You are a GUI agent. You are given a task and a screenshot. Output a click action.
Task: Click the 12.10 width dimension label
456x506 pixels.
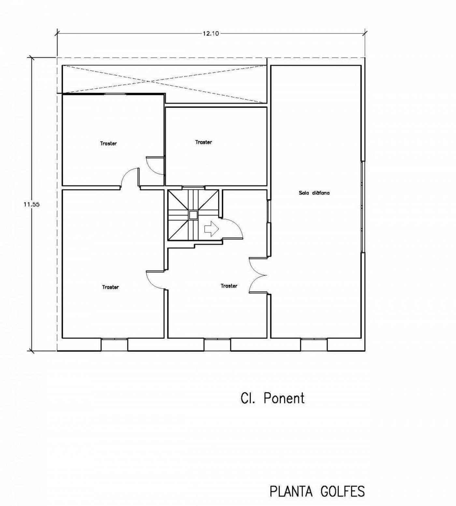[211, 33]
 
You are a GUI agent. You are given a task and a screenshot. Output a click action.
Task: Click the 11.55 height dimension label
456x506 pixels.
[32, 205]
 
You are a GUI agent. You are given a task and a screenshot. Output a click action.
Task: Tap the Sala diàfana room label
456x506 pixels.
[314, 193]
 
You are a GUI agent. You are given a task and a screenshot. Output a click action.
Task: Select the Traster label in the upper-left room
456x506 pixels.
[108, 144]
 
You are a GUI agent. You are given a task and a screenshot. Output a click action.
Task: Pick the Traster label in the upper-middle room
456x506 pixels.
[204, 142]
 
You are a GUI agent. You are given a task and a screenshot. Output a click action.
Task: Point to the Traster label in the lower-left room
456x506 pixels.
[110, 287]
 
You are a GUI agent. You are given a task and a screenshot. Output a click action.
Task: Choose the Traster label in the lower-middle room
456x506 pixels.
[229, 286]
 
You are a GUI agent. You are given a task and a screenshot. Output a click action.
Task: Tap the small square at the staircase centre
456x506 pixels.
[193, 215]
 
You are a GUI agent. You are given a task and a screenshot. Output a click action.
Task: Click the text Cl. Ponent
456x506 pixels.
[273, 398]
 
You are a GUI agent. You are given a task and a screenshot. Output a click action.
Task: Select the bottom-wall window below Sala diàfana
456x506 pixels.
[314, 345]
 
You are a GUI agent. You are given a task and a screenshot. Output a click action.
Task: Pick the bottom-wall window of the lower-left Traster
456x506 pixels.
[114, 345]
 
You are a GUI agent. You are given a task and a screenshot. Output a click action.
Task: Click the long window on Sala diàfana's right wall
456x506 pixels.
[363, 207]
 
